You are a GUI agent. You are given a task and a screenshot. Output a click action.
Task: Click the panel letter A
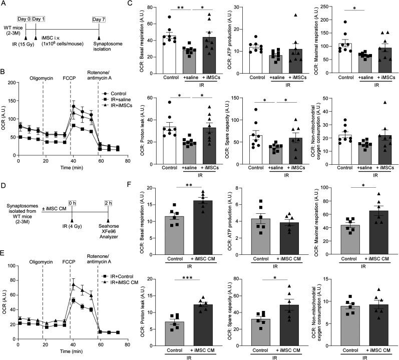point(5,4)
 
